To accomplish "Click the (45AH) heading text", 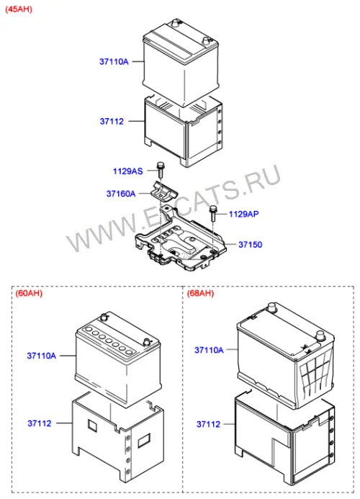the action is tap(19, 9).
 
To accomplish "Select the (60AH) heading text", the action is tap(29, 293).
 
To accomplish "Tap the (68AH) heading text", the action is tap(200, 293).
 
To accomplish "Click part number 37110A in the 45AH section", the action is tap(114, 61).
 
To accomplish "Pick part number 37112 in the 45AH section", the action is tap(112, 121).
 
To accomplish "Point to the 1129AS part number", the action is tap(128, 171).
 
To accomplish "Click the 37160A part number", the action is tap(121, 194).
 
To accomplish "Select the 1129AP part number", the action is tap(244, 214).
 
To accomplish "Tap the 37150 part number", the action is tap(251, 244).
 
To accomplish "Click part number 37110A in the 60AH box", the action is tap(41, 356).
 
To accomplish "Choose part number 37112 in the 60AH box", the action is tap(40, 423).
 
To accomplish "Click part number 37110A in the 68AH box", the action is tap(209, 350).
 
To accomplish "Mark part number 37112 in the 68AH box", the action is tap(209, 424).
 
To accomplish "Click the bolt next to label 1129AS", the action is tap(160, 170).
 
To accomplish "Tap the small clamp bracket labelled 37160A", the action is tap(164, 192).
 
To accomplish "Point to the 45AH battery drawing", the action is tap(181, 62).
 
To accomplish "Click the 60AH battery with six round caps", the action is tap(118, 359).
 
